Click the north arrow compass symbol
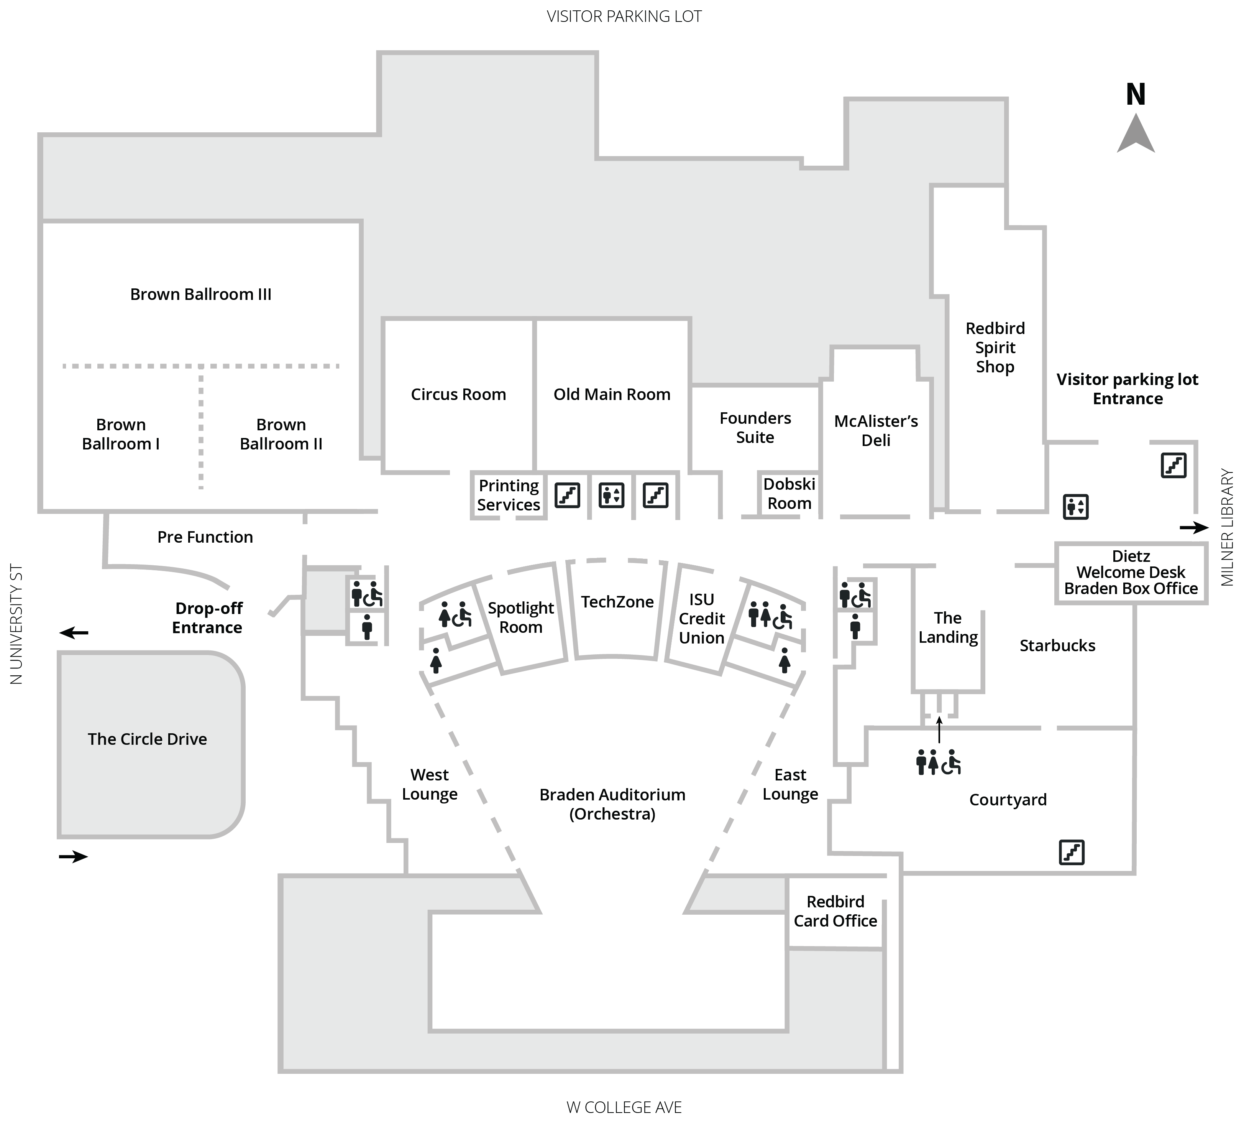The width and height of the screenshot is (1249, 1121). point(1136,134)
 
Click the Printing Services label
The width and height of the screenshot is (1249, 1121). point(509,495)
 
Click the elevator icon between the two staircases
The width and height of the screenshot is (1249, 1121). point(611,495)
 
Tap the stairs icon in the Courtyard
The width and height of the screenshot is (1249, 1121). point(1071,853)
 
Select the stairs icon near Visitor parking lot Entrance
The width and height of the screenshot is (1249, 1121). point(1173,465)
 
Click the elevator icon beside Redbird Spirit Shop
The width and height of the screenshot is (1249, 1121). point(1075,507)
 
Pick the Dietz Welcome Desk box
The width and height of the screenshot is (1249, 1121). point(1131,573)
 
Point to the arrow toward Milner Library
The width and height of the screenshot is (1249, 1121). point(1193,527)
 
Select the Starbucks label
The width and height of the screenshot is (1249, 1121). point(1057,645)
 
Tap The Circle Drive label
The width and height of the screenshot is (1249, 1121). point(147,739)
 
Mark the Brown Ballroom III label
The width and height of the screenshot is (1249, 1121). point(201,295)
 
